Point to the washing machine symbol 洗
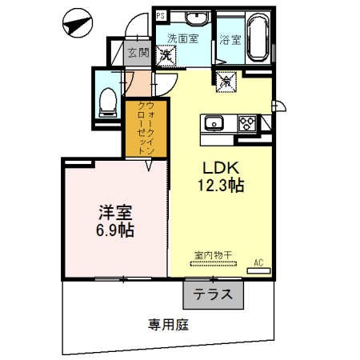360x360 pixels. pyautogui.click(x=167, y=55)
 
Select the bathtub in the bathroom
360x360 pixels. pyautogui.click(x=258, y=36)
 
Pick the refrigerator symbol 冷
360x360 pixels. pyautogui.click(x=224, y=80)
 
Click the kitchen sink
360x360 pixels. pyautogui.click(x=214, y=122)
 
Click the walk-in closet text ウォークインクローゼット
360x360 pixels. pyautogui.click(x=145, y=128)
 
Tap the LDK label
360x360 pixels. pyautogui.click(x=214, y=169)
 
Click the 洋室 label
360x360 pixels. pyautogui.click(x=115, y=213)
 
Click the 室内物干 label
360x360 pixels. pyautogui.click(x=213, y=254)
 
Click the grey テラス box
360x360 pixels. pyautogui.click(x=213, y=294)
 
